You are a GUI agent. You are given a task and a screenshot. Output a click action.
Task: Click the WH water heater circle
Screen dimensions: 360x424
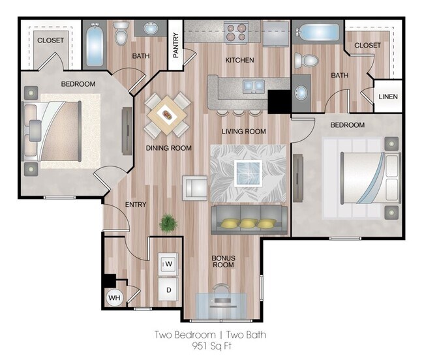coord(114,298)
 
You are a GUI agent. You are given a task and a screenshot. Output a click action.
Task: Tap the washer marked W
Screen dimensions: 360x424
coord(167,263)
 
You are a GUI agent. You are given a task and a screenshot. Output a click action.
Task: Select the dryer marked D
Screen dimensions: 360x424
coord(167,289)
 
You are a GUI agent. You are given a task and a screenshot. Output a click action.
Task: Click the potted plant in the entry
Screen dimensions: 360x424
coord(168,223)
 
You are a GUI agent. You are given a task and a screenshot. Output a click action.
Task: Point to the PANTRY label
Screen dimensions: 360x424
coord(176,46)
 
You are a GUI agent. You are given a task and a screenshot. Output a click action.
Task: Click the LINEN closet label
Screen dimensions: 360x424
coord(388,97)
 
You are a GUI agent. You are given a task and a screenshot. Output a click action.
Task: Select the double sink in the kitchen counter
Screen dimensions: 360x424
coord(254,85)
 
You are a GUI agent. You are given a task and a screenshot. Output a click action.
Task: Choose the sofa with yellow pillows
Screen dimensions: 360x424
coord(248,218)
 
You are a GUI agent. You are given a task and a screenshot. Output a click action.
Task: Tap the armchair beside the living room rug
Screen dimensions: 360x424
coord(194,188)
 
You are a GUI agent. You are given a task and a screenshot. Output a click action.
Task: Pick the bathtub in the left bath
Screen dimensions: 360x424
coord(94,44)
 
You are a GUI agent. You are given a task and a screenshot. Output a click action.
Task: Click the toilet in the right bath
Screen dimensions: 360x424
coord(306,61)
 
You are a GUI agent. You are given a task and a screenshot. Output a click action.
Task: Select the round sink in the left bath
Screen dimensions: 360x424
coord(151,29)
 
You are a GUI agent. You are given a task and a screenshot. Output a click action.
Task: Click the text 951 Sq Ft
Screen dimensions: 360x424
coord(211,346)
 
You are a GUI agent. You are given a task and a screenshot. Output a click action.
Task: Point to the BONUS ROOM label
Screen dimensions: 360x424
coord(223,261)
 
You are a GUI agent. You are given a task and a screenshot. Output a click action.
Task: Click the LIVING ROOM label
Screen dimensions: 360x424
coord(243,131)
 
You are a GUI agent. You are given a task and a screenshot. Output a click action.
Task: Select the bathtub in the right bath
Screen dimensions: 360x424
coord(319,31)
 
